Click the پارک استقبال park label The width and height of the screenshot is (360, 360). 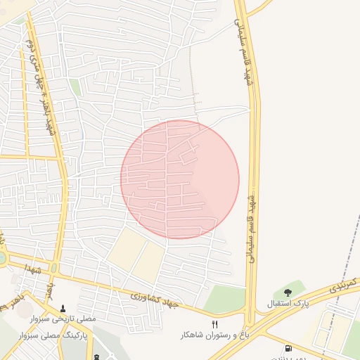click(x=288, y=304)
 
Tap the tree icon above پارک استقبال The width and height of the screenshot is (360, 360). click(x=288, y=292)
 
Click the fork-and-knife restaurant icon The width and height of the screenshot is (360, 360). click(x=215, y=323)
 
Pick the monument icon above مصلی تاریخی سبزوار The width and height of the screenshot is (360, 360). click(x=64, y=308)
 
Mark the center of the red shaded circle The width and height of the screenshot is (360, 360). click(x=180, y=179)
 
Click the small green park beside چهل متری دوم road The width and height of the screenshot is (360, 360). click(x=75, y=87)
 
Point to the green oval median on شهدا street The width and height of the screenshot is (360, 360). click(x=54, y=268)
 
